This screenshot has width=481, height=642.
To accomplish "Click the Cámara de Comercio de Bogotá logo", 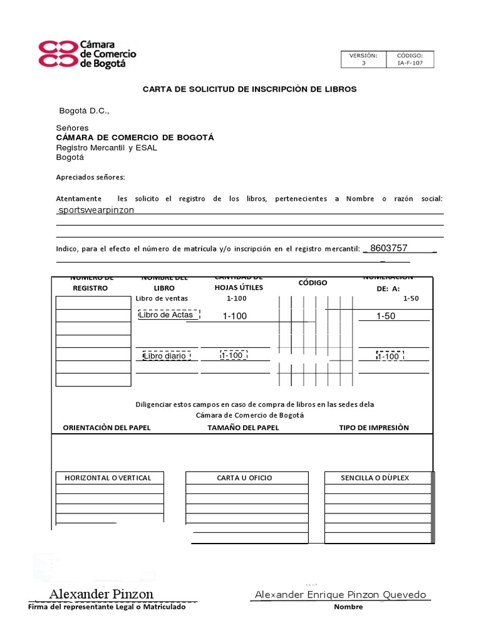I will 87,54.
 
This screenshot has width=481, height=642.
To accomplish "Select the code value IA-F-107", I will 410,63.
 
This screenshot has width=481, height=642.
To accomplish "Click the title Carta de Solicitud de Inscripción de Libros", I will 249,89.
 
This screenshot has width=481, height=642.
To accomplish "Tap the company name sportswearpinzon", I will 96,210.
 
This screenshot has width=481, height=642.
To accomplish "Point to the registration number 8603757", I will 389,248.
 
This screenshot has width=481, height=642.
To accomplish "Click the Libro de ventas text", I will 162,298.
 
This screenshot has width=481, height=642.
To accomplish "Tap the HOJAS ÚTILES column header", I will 239,288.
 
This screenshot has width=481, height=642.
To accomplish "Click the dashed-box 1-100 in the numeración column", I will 389,356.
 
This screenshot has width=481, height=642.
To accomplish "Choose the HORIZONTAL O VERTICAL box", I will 108,478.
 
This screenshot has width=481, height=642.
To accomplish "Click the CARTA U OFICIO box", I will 244,478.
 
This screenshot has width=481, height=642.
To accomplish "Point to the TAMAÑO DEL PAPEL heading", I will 243,428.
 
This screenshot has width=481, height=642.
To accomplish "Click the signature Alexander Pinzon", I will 101,594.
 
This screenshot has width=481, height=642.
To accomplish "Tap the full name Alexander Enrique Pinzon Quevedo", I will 340,594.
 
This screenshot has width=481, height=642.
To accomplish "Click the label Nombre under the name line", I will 349,607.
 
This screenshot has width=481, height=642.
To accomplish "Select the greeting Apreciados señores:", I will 91,177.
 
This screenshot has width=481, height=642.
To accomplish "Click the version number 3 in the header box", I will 363,63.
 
